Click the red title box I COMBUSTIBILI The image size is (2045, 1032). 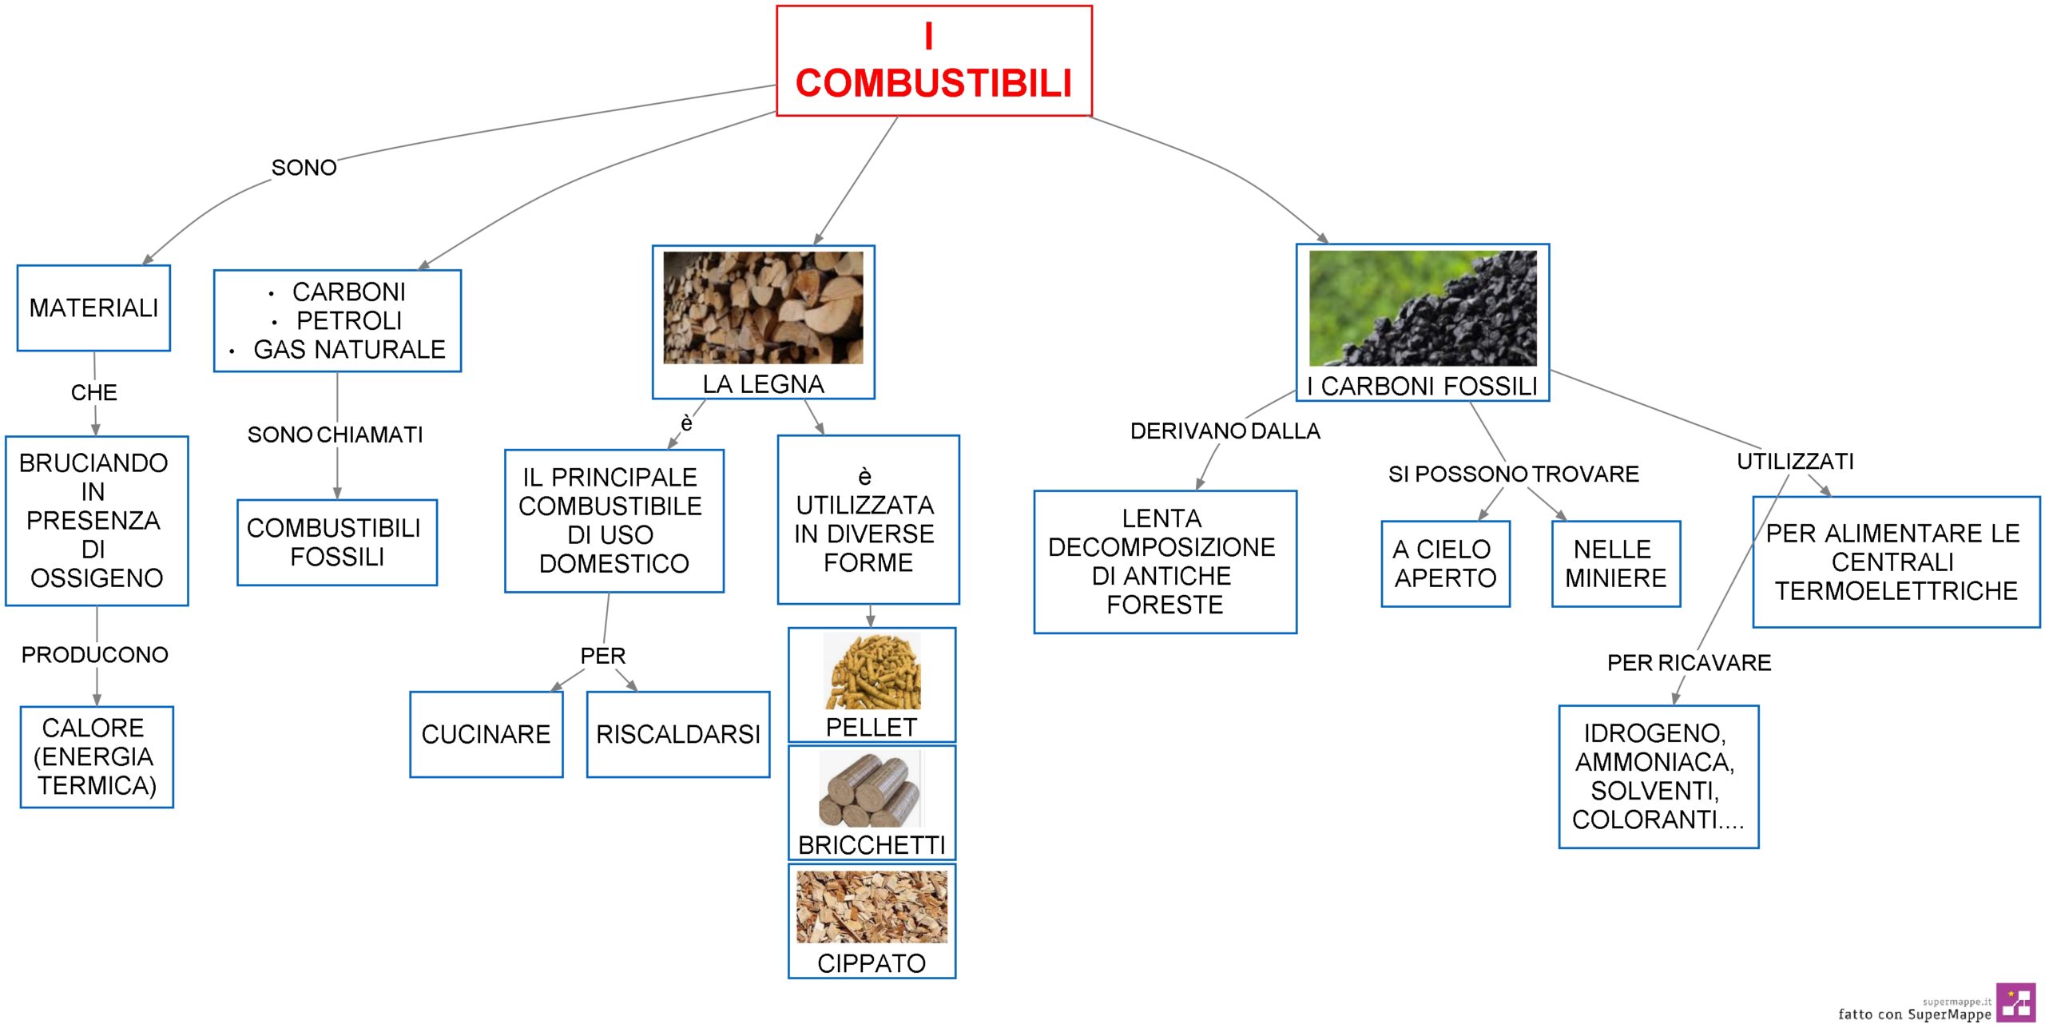(934, 61)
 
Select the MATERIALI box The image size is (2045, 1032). (93, 308)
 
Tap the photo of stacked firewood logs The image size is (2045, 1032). (763, 308)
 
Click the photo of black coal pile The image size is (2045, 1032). (1423, 308)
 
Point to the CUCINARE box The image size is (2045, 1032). (486, 734)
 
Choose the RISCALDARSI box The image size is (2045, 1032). (678, 734)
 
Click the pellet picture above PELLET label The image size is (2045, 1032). (872, 672)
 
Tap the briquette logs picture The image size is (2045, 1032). (871, 788)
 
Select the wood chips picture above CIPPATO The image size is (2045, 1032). (872, 907)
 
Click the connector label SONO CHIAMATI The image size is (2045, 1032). (335, 435)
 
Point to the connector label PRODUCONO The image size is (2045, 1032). (95, 655)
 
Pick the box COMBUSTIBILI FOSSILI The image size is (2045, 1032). (337, 542)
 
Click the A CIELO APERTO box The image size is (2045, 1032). (1446, 564)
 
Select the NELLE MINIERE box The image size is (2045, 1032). (1616, 564)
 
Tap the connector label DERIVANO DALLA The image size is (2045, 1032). (1225, 431)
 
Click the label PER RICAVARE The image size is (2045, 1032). (1690, 663)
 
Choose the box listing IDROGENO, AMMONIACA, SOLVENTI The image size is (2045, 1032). (1658, 776)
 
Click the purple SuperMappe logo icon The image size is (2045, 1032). (2015, 1002)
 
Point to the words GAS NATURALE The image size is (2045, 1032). (349, 350)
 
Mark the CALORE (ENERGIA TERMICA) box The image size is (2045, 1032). (97, 757)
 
